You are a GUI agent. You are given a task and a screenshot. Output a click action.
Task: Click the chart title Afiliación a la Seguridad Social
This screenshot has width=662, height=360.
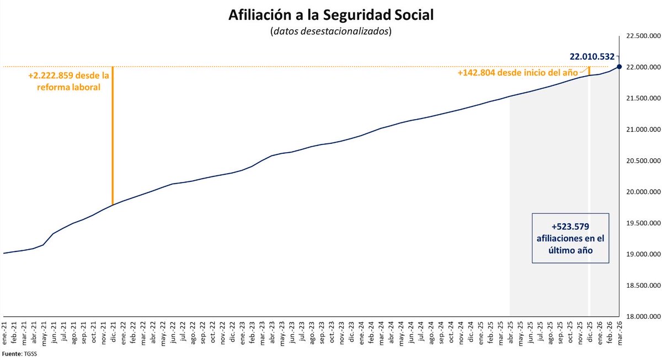[331, 15]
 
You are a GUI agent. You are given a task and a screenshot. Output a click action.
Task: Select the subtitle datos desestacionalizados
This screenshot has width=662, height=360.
[331, 31]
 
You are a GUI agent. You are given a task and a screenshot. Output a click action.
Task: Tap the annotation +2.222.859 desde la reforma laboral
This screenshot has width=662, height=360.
[69, 82]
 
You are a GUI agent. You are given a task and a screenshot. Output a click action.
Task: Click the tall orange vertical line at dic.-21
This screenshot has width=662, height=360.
[113, 138]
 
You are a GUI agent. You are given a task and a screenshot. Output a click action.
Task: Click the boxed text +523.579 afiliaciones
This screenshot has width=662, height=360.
[571, 238]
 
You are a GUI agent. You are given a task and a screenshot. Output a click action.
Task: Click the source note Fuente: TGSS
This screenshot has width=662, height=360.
[17, 354]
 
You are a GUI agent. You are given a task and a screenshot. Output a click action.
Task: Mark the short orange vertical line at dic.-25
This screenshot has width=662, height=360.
[589, 71]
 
